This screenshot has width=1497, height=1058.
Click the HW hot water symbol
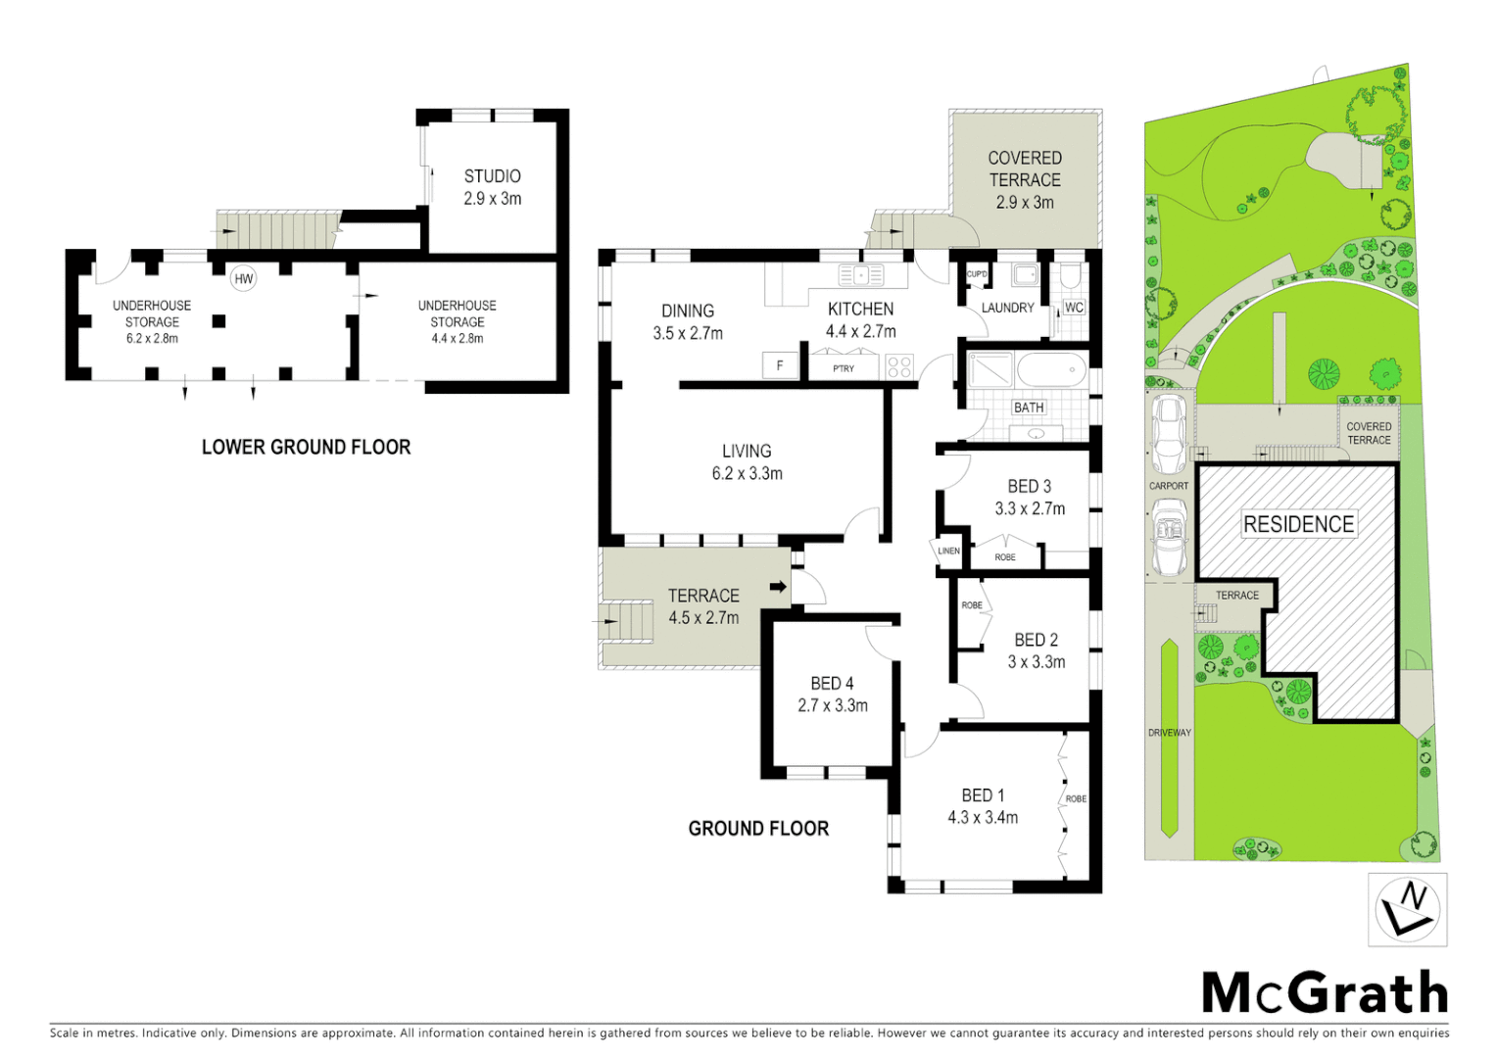point(243,279)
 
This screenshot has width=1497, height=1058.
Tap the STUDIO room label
point(492,176)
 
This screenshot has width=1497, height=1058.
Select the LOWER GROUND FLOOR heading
point(306,448)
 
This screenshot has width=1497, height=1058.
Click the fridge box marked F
point(780,366)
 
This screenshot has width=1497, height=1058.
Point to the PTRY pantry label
point(844,369)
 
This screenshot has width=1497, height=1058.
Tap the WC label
point(1074,308)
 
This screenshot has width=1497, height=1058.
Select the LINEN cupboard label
point(948,552)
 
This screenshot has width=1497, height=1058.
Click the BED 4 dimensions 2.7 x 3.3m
point(832,705)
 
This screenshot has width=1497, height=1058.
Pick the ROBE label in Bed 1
point(1076,799)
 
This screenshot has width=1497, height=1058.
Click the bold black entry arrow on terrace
point(778,587)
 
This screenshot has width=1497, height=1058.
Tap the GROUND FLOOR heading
point(758,829)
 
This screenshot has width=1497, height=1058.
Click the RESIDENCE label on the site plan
point(1298,524)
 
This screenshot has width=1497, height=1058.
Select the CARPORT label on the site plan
point(1168,486)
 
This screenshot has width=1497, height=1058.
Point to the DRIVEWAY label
point(1169,733)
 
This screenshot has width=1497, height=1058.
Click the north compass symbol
point(1407,910)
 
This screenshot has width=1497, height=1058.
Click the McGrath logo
point(1325,993)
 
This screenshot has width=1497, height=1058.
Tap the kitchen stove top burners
point(898,367)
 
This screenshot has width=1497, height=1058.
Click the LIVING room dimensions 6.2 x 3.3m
point(747,474)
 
